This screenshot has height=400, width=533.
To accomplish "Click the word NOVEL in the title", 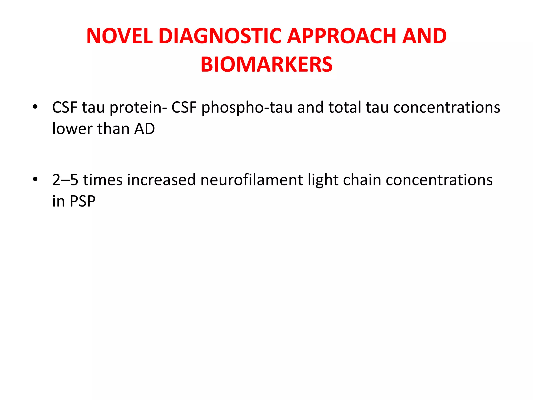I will tap(119, 36).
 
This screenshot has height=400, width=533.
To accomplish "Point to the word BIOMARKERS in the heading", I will tap(266, 65).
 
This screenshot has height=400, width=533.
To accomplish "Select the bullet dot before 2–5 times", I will tap(35, 179).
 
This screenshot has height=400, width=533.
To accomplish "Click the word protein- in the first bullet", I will tap(138, 108).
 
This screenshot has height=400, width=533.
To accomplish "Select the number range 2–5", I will tap(65, 180).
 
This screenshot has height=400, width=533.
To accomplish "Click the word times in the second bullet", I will tap(103, 180).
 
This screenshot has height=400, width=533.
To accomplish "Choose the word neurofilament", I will tap(251, 180).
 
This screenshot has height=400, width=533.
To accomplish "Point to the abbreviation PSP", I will tap(83, 201).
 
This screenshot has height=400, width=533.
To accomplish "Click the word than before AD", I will tap(113, 129).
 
